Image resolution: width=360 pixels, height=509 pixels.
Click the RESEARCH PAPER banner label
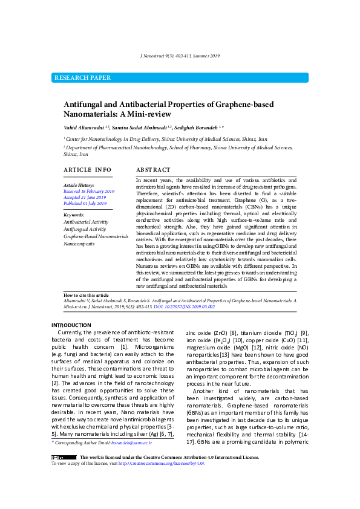(83, 78)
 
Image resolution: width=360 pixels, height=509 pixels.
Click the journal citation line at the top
(180, 56)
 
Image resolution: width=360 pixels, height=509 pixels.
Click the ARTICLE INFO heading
(88, 170)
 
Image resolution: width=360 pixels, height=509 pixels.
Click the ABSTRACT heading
(153, 170)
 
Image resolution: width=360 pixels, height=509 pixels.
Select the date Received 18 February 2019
(88, 190)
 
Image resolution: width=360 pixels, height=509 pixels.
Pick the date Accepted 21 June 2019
(85, 197)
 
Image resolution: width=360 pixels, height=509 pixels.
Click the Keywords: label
(74, 215)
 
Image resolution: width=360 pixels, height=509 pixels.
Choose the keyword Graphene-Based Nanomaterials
(96, 236)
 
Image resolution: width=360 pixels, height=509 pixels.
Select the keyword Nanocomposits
(79, 244)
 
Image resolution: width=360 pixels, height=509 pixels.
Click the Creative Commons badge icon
(59, 475)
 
